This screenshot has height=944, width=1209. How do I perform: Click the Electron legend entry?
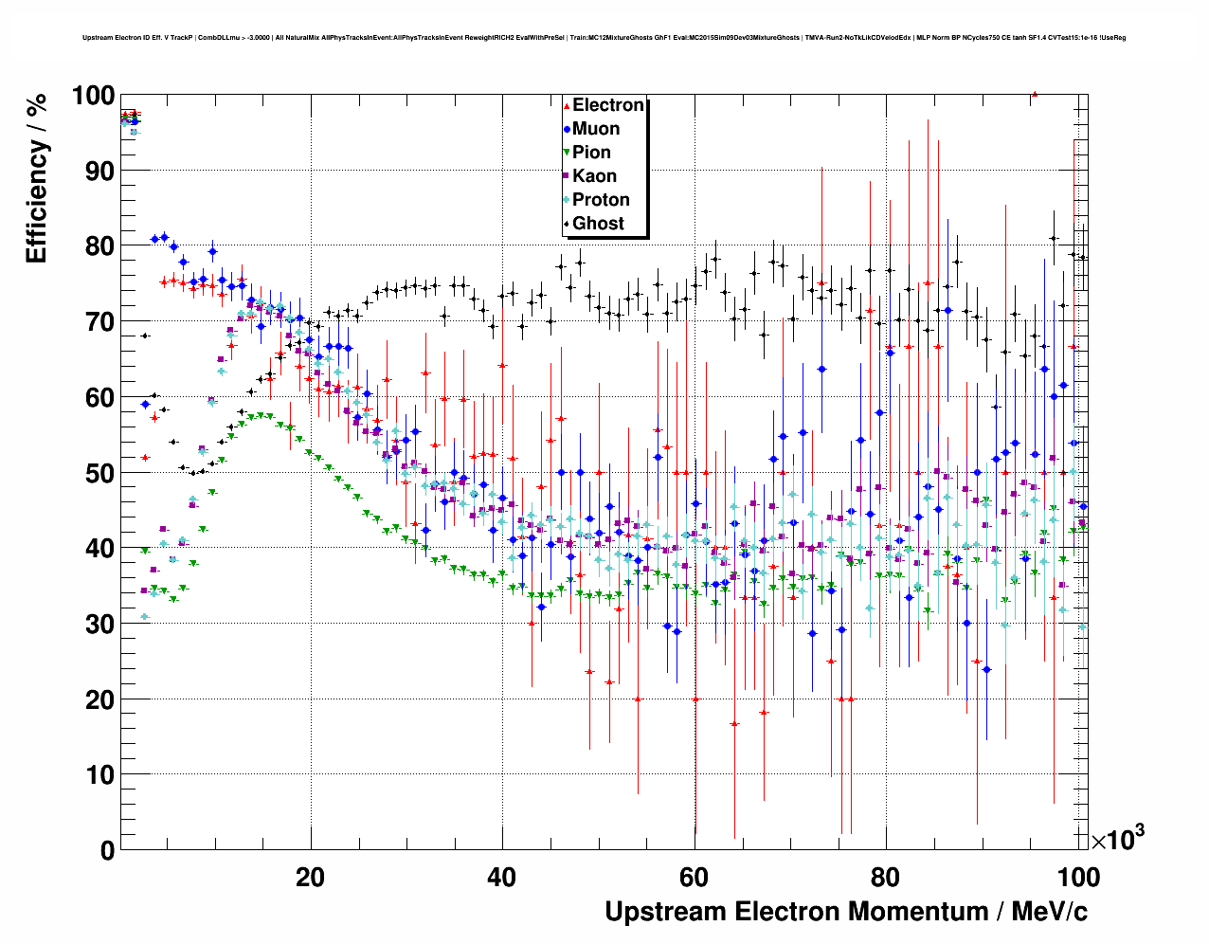point(607,105)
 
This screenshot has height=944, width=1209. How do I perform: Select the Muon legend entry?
point(595,129)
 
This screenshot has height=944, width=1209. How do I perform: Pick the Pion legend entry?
point(591,153)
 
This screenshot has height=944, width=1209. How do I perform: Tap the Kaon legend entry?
point(594,176)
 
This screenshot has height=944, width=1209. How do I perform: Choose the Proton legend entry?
point(601,200)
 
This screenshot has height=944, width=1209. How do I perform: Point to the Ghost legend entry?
point(598,224)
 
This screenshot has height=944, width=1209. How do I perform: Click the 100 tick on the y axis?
point(92,96)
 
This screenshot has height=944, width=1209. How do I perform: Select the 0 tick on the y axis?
point(107,850)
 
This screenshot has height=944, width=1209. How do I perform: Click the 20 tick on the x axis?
point(310,878)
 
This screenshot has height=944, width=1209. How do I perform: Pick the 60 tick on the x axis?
point(694,878)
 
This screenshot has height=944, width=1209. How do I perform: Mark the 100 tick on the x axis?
point(1077,878)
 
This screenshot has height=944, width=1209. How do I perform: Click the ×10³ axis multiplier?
point(1117,839)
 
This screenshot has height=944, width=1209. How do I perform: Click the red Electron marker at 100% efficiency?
point(1035,94)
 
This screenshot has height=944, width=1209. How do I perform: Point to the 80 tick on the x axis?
point(886,878)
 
